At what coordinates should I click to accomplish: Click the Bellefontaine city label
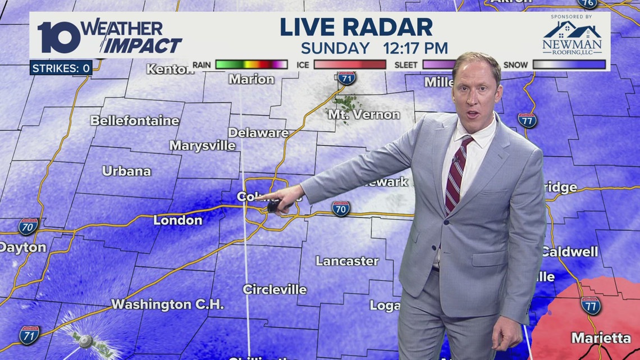(x=135, y=121)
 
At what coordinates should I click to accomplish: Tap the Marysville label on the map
(x=203, y=145)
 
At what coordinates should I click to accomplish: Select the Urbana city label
(x=126, y=171)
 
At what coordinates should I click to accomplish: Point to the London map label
(x=177, y=220)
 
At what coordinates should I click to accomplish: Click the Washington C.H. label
(x=167, y=304)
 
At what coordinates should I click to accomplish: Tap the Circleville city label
(x=275, y=290)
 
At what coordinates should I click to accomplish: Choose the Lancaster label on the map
(x=347, y=261)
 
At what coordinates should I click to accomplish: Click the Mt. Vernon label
(x=364, y=115)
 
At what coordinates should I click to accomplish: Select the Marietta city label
(x=601, y=338)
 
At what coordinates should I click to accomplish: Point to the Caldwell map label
(x=569, y=252)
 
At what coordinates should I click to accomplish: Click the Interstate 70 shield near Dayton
(x=28, y=226)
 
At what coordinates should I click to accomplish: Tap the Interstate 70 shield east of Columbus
(x=340, y=208)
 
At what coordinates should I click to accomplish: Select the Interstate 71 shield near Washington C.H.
(x=29, y=335)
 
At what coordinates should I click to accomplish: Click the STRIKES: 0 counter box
(x=61, y=69)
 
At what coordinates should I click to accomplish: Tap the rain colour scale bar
(x=251, y=65)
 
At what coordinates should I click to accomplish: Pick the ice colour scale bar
(x=349, y=65)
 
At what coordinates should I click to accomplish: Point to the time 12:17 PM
(x=415, y=48)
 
